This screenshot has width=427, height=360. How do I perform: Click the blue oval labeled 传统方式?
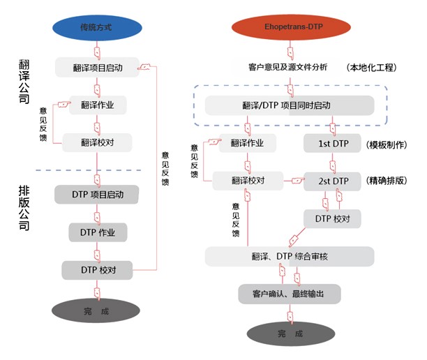point(97,27)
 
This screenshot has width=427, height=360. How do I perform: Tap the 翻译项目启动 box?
point(98,68)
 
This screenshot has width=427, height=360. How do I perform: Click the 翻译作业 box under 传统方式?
point(98,105)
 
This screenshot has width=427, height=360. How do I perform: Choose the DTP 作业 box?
point(97,232)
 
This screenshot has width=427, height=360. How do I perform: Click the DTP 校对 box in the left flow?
point(97,270)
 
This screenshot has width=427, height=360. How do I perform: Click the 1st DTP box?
point(333,144)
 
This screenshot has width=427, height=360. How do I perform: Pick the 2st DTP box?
point(333,181)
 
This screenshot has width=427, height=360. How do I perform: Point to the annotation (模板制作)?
point(386,144)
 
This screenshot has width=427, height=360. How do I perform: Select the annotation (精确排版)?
point(386,181)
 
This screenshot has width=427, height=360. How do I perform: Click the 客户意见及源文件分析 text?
point(287,68)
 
